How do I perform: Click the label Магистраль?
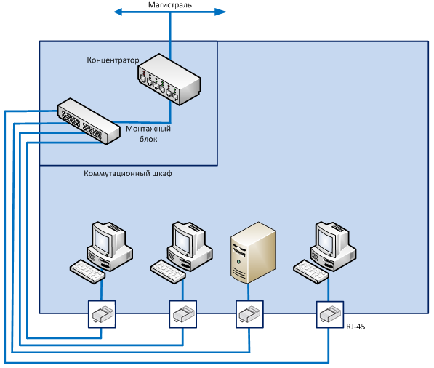169,5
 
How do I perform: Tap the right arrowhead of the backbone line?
221,12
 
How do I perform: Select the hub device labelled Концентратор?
169,79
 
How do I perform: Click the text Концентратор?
113,60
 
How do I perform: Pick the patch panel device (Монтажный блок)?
89,121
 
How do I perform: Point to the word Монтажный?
148,129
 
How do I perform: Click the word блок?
148,139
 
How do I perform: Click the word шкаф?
162,173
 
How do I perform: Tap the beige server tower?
253,252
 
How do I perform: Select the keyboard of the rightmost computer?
311,271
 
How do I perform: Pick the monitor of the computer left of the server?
187,239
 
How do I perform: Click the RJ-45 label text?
355,327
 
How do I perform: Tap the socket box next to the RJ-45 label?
330,315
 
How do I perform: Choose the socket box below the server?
249,314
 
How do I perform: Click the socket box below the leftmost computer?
102,314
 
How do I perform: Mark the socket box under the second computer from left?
183,314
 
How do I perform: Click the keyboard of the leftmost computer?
87,271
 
